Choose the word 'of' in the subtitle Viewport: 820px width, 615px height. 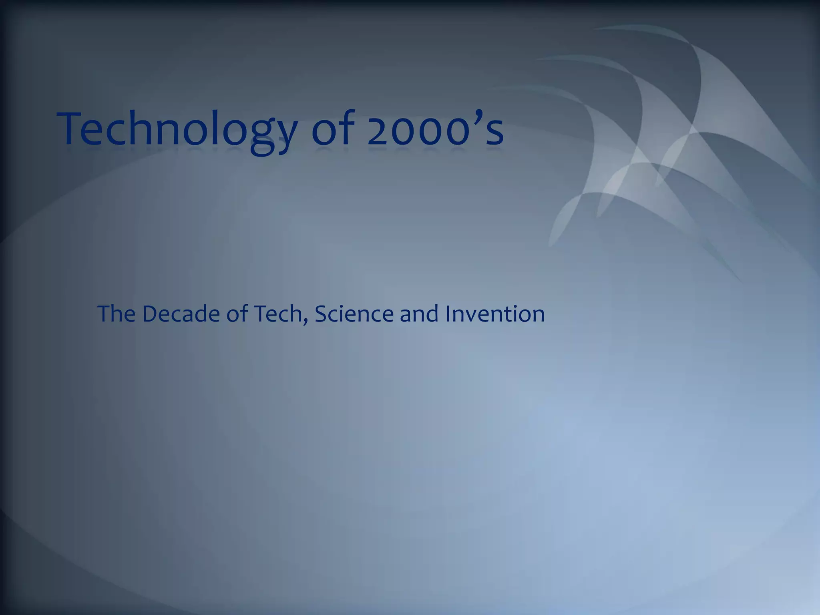point(237,314)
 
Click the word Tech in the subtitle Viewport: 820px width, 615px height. point(277,314)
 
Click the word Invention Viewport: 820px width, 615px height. point(495,314)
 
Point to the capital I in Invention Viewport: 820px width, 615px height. point(448,314)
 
